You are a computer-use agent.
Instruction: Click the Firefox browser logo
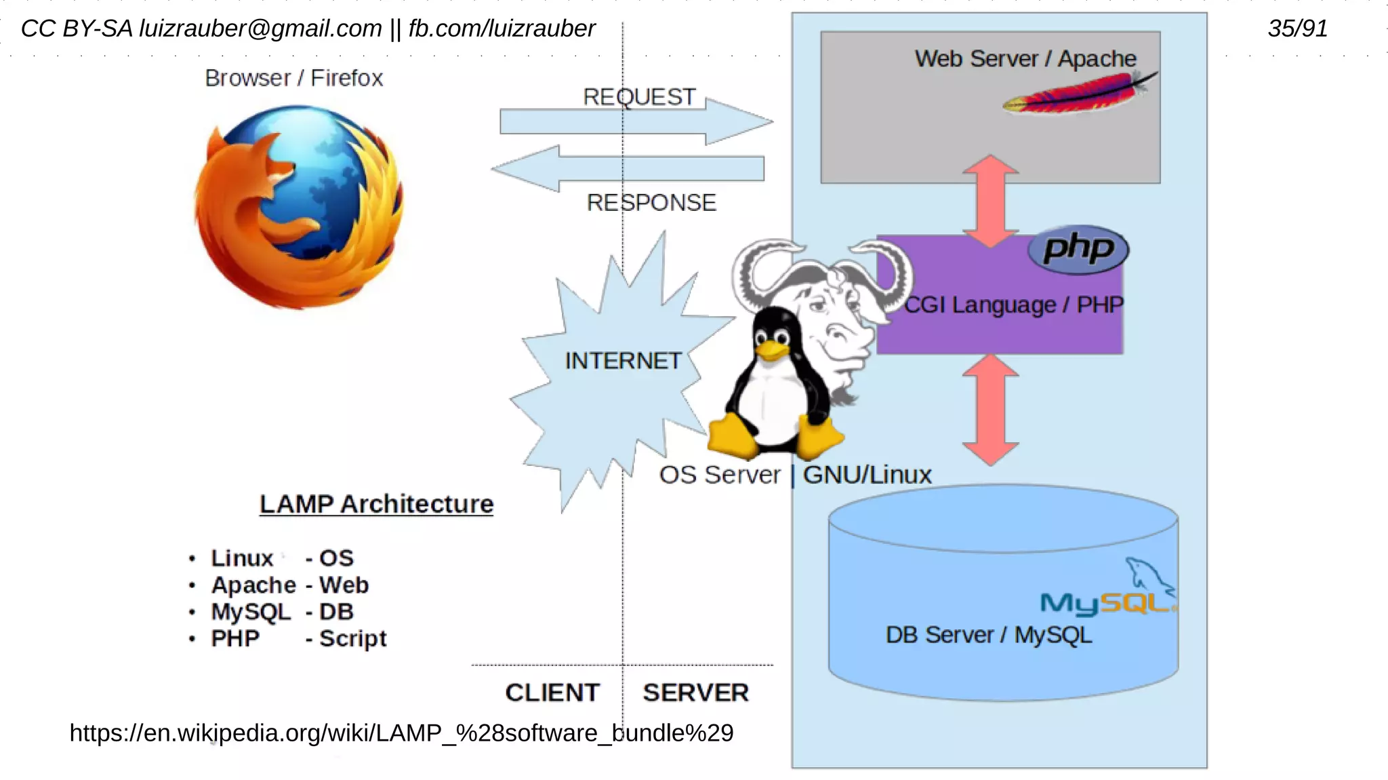pyautogui.click(x=298, y=207)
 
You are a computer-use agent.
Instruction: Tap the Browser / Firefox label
pyautogui.click(x=293, y=78)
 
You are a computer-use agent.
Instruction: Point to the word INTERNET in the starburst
pyautogui.click(x=623, y=361)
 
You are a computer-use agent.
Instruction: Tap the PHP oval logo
pyautogui.click(x=1078, y=250)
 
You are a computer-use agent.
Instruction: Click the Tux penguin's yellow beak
pyautogui.click(x=771, y=350)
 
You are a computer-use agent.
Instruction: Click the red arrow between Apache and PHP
pyautogui.click(x=990, y=201)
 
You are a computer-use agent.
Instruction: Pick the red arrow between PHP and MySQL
pyautogui.click(x=990, y=410)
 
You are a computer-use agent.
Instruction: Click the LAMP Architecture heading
pyautogui.click(x=376, y=504)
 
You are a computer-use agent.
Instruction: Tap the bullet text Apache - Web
pyautogui.click(x=289, y=585)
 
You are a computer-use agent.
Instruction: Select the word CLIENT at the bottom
pyautogui.click(x=552, y=693)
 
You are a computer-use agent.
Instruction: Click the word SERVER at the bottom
pyautogui.click(x=695, y=693)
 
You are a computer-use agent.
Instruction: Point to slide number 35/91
pyautogui.click(x=1297, y=28)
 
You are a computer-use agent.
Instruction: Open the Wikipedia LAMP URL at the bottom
pyautogui.click(x=401, y=733)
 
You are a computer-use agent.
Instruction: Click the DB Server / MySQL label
pyautogui.click(x=988, y=635)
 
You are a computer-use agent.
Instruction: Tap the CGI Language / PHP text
pyautogui.click(x=1013, y=305)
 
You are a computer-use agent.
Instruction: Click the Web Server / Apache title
pyautogui.click(x=1025, y=59)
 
